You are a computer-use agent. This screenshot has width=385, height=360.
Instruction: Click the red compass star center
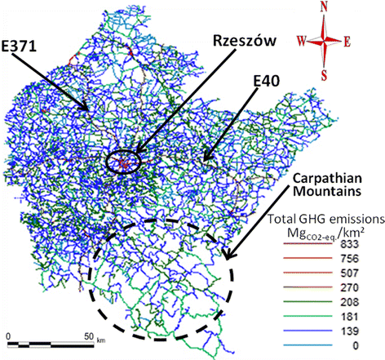325,38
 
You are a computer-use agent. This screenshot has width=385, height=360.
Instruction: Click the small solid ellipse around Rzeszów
123,162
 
